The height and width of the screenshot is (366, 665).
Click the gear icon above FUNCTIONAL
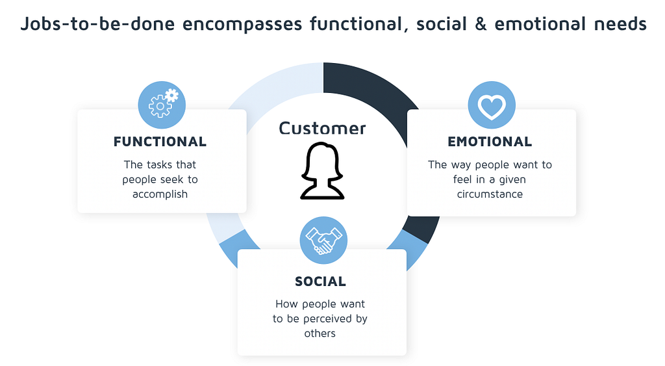click(x=162, y=105)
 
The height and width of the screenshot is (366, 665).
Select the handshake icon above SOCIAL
click(x=323, y=241)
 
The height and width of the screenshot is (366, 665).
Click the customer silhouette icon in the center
click(x=322, y=171)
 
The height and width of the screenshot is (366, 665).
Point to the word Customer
click(x=322, y=128)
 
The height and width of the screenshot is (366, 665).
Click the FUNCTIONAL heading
click(x=160, y=142)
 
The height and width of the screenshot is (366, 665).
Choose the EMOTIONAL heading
click(x=490, y=142)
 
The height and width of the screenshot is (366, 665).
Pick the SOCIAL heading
click(x=321, y=281)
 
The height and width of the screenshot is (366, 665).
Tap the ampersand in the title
click(x=481, y=24)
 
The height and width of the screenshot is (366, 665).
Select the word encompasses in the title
click(x=242, y=25)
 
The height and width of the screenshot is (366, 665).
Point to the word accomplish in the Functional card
click(x=160, y=194)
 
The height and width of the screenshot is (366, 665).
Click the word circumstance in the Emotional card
click(x=490, y=194)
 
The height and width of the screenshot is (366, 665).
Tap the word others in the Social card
click(x=320, y=333)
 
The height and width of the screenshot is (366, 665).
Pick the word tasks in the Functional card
click(x=160, y=164)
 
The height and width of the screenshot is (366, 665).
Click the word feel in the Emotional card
click(x=462, y=179)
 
